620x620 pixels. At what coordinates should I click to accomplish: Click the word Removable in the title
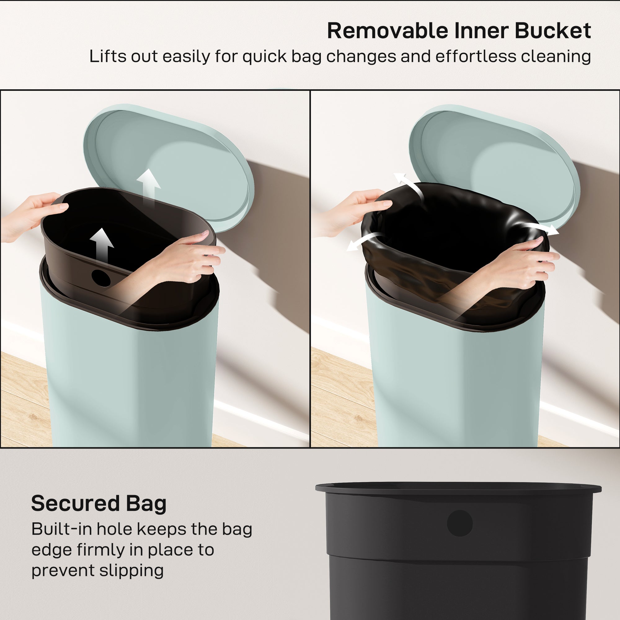(387, 31)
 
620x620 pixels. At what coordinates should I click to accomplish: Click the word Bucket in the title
(553, 31)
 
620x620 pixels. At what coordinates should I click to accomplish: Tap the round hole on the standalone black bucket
(459, 523)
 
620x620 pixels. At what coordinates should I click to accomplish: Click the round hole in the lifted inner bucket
(101, 278)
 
